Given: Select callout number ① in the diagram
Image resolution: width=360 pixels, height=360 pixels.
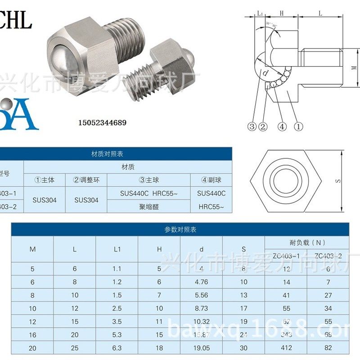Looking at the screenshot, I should (x=298, y=127).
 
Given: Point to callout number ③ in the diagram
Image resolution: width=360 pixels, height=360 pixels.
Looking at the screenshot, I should (x=252, y=127).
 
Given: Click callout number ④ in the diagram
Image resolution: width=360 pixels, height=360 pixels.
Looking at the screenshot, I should (x=282, y=127).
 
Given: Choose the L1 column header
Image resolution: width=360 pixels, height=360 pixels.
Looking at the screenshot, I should (x=117, y=249).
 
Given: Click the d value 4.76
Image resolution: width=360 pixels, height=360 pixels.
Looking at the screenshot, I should (x=201, y=282).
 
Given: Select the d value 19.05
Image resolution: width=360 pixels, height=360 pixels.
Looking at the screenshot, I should (x=201, y=348).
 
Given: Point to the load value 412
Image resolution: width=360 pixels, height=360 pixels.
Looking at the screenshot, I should (x=286, y=348).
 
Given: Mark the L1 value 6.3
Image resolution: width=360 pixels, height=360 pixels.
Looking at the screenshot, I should (x=117, y=348).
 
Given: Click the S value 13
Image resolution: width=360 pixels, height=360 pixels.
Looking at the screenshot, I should (x=243, y=295).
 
